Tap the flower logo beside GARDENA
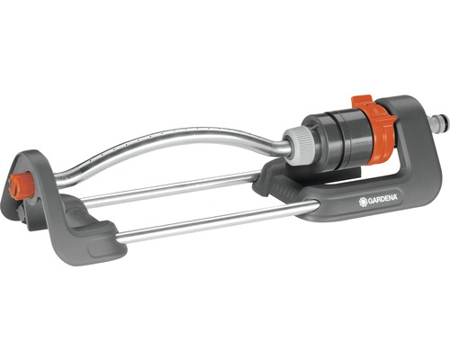[363, 202]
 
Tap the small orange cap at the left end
[20, 184]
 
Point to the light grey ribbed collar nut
[295, 142]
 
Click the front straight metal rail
[216, 220]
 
